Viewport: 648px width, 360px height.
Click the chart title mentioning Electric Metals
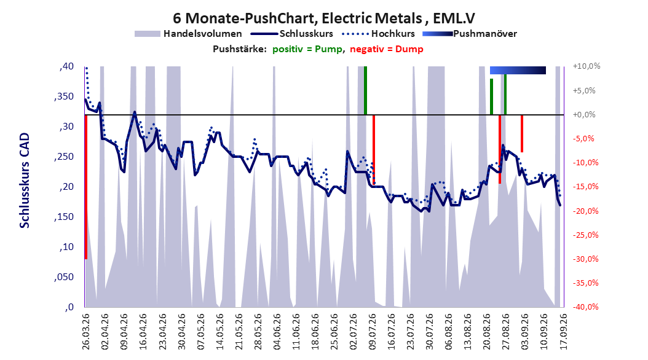(323, 18)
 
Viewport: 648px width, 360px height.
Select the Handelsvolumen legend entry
(189, 34)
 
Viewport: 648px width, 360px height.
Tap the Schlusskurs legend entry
(292, 34)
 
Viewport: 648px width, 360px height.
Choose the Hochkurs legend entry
(378, 34)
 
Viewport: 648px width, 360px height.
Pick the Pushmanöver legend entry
(470, 34)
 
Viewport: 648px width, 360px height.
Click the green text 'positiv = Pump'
(307, 49)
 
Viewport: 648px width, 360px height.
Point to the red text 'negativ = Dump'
(387, 49)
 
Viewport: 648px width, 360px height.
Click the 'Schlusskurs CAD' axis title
(25, 181)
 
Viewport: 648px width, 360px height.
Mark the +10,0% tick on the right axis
(586, 66)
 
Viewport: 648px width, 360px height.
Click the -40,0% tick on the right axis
(586, 307)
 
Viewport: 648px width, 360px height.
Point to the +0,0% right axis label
(584, 114)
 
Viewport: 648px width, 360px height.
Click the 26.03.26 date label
(85, 332)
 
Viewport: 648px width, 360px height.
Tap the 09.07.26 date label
(372, 332)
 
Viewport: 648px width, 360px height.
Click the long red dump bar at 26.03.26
(85, 187)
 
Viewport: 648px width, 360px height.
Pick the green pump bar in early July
(365, 90)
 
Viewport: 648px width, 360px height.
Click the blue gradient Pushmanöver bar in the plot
(518, 70)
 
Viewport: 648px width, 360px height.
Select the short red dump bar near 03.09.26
(522, 133)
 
